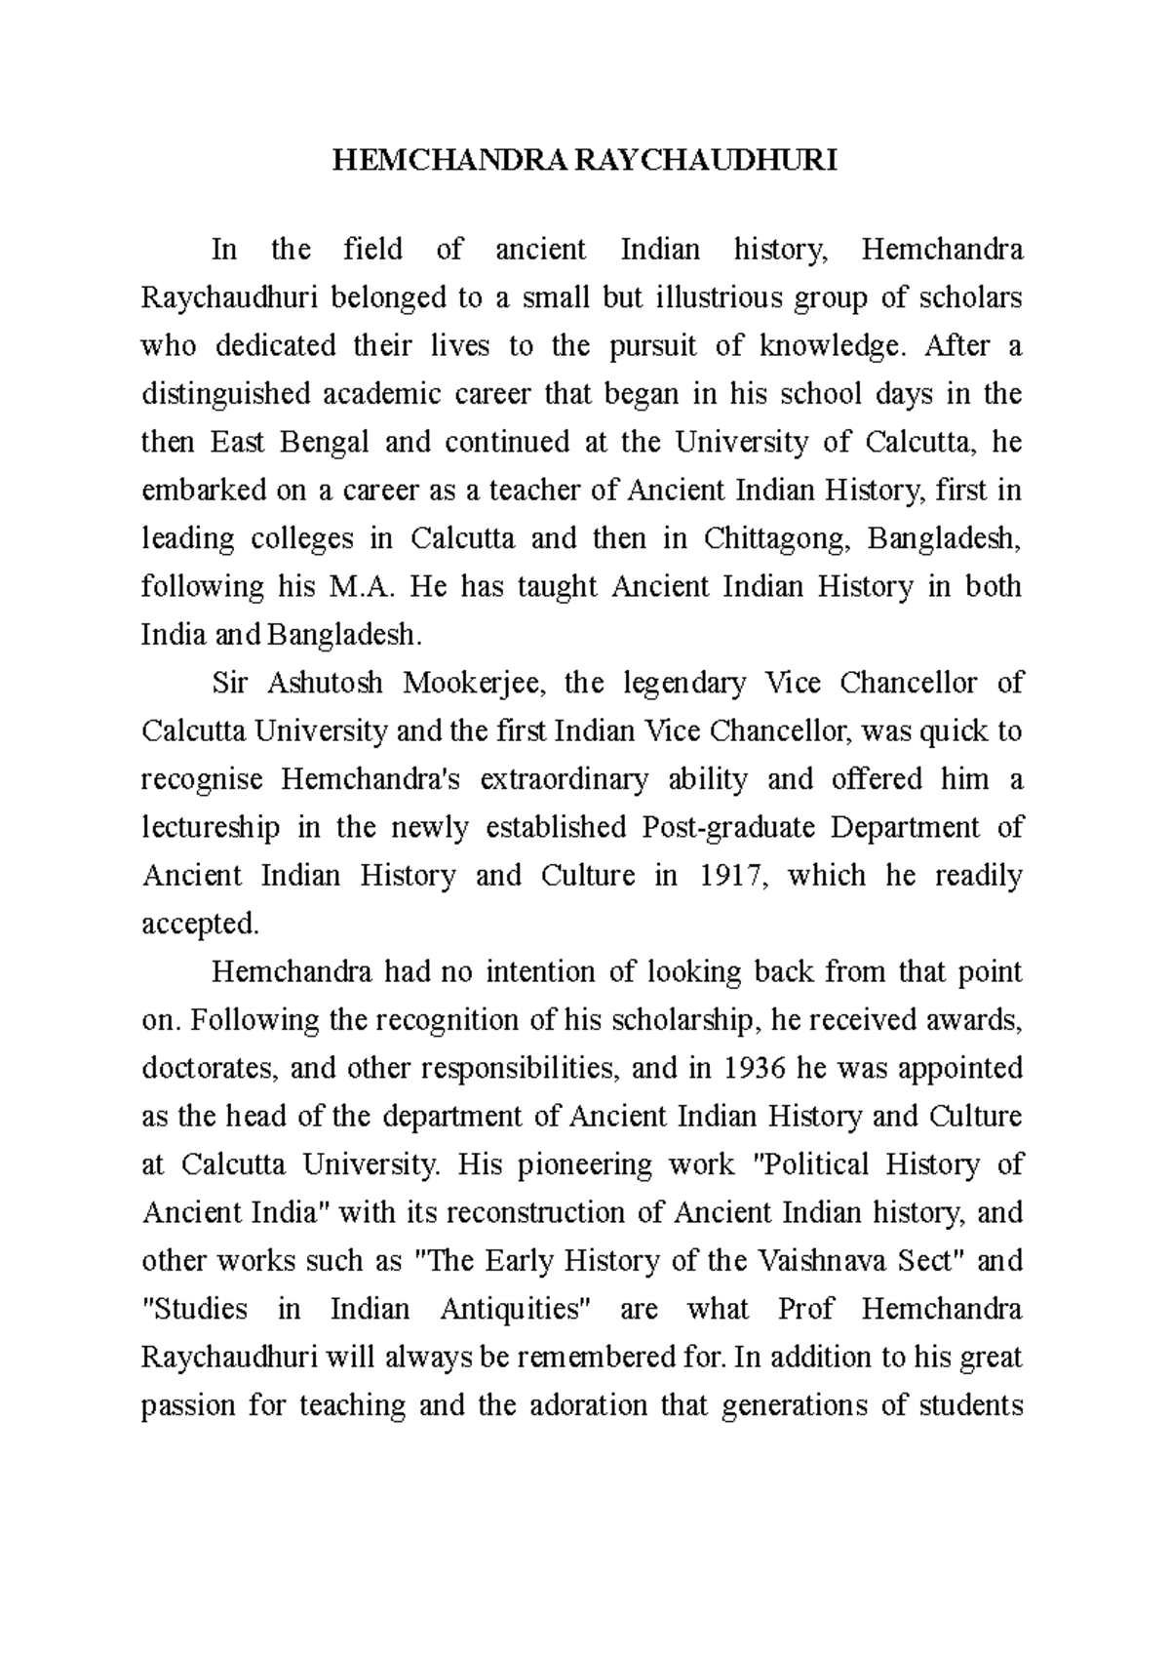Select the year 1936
pos(757,1068)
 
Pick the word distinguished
pos(225,394)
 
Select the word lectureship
pos(211,827)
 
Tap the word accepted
pos(201,924)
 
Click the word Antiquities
pos(518,1309)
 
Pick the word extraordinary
pos(564,779)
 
